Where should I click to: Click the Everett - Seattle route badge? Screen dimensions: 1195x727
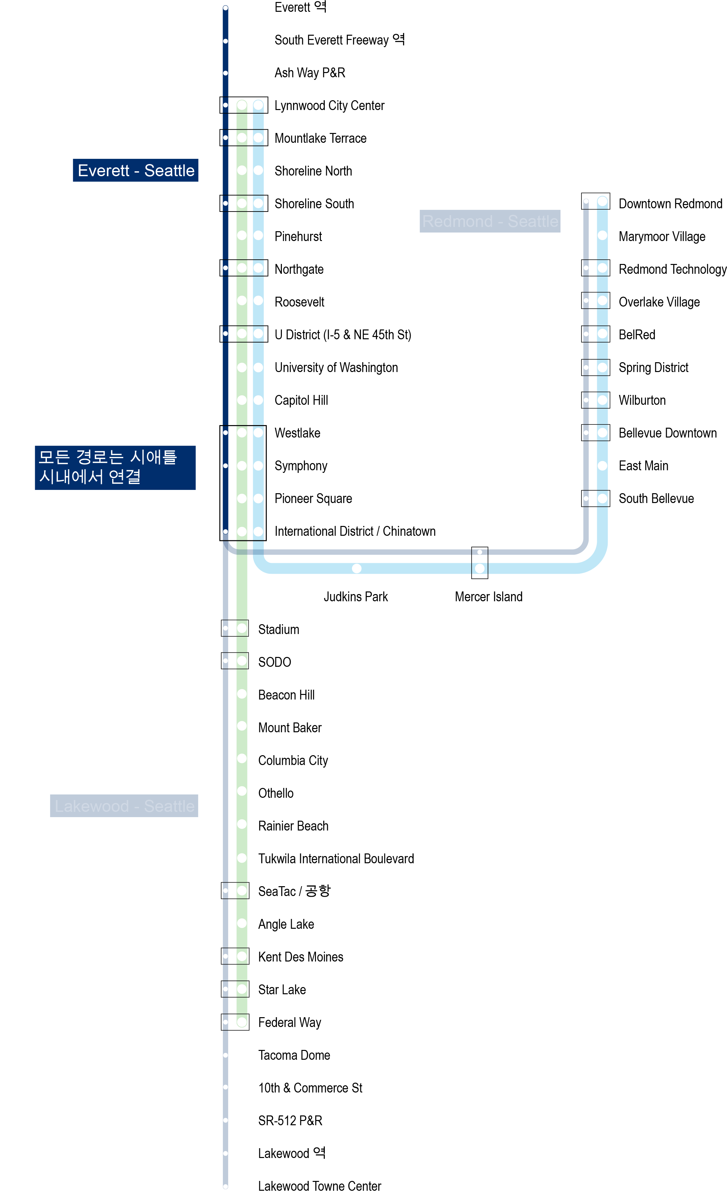coord(135,170)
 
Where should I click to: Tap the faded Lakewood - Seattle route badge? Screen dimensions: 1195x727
coord(124,806)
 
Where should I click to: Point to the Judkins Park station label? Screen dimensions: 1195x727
coord(355,597)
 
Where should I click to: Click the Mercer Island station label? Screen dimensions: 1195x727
coord(488,597)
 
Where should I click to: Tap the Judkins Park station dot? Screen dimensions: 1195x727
coord(357,568)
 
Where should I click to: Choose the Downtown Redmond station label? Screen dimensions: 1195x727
coord(670,204)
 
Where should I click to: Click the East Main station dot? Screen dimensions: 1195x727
coord(602,466)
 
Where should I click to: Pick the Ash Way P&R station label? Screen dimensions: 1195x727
coord(310,73)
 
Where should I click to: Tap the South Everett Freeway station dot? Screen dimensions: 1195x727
coord(225,41)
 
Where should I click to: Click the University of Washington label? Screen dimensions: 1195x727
coord(336,368)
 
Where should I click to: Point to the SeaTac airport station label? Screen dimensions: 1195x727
coord(294,891)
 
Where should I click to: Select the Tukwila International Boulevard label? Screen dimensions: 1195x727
coord(336,858)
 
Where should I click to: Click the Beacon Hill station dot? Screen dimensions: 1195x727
coord(242,694)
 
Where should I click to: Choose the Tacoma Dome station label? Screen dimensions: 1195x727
coord(294,1055)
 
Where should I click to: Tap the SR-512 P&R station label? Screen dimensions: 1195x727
coord(290,1120)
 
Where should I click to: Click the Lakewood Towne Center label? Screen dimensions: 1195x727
coord(319,1186)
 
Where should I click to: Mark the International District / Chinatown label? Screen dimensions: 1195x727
coord(355,531)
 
